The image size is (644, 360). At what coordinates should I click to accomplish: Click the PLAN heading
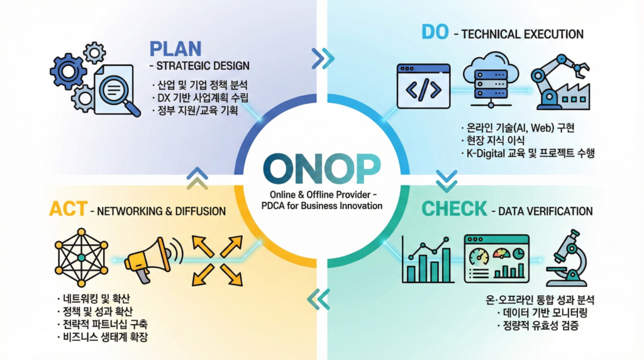click(175, 48)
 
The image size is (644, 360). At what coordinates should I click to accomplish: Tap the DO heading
click(435, 31)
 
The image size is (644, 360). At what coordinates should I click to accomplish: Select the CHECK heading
click(454, 209)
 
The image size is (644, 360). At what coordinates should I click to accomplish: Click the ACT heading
click(68, 209)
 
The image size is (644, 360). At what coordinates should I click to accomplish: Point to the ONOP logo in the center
click(321, 169)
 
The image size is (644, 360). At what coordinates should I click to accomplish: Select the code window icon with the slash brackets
click(423, 86)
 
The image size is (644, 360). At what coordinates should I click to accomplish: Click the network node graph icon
click(81, 257)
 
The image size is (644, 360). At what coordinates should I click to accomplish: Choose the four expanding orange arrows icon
click(217, 261)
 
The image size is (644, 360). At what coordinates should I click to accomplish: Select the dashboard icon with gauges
click(497, 259)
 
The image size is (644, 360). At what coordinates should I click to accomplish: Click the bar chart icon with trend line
click(427, 260)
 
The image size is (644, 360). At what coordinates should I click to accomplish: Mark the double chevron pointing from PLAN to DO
click(323, 59)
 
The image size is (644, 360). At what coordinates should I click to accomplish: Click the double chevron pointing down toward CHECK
click(447, 181)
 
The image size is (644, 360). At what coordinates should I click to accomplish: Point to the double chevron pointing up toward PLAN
click(197, 178)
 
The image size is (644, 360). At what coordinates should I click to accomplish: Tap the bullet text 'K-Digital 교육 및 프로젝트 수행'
click(528, 154)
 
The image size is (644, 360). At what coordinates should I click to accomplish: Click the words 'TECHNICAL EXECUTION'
click(523, 34)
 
